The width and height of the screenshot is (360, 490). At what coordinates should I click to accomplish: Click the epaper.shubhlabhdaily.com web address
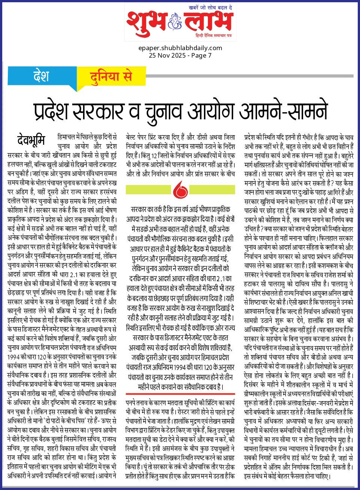pyautogui.click(x=180, y=48)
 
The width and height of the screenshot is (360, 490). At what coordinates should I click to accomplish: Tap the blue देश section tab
pyautogui.click(x=41, y=76)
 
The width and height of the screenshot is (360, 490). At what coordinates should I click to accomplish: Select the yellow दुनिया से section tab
pyautogui.click(x=111, y=76)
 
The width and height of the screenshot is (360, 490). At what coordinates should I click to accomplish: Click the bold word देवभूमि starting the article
pyautogui.click(x=31, y=140)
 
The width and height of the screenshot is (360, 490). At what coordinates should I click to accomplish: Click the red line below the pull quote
pyautogui.click(x=180, y=394)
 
